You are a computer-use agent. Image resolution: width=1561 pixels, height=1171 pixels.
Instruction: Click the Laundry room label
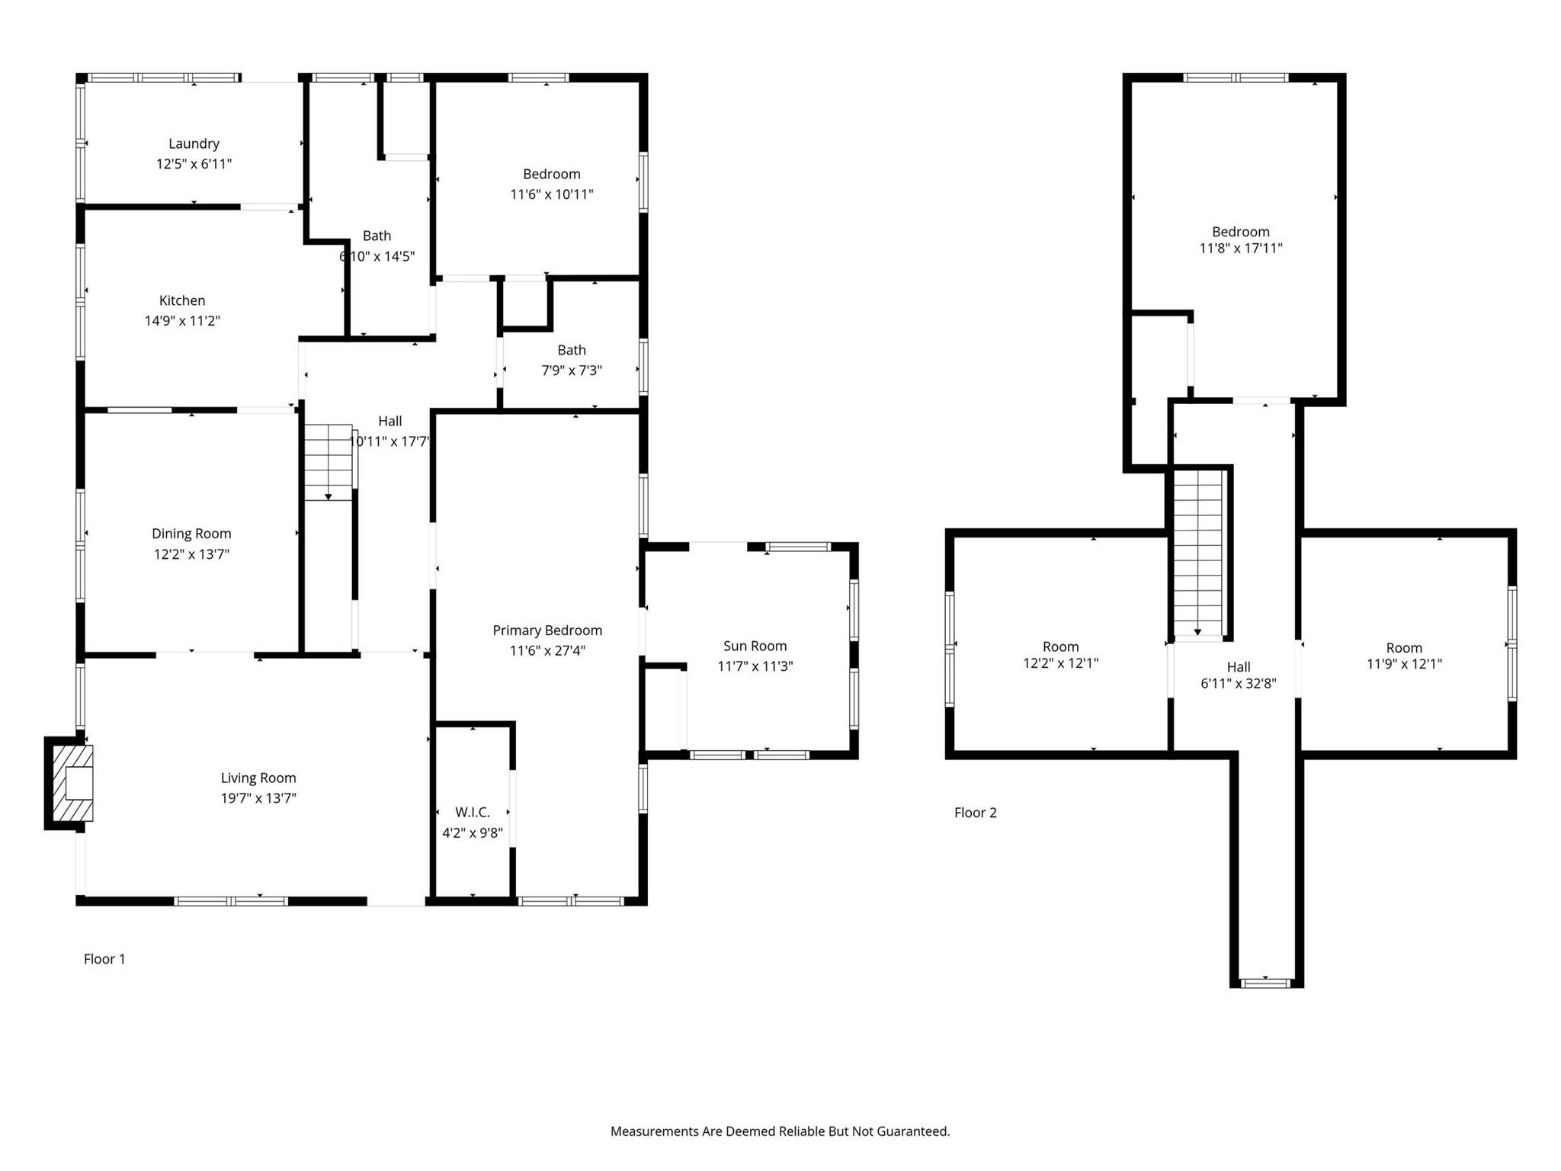point(194,143)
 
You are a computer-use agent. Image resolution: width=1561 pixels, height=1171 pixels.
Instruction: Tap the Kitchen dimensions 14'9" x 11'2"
point(182,321)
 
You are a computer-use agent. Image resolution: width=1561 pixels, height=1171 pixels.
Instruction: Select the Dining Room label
point(191,534)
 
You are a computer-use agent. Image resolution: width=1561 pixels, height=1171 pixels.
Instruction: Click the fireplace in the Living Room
point(70,783)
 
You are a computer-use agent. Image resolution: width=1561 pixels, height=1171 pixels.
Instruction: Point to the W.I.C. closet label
point(473,812)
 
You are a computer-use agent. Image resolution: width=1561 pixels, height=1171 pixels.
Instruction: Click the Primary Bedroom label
point(547,630)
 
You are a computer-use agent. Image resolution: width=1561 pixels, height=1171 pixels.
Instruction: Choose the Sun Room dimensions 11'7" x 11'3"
point(755,666)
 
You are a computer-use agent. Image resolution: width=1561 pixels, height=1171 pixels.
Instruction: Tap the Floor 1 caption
point(104,959)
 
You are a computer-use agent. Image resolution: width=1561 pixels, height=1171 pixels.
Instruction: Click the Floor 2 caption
point(976,813)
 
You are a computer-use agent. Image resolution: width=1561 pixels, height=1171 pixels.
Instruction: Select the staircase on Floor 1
point(329,462)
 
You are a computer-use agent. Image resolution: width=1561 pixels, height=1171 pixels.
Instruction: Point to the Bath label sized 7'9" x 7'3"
point(572,350)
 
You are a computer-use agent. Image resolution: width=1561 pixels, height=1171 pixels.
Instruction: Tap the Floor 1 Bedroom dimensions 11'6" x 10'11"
point(552,194)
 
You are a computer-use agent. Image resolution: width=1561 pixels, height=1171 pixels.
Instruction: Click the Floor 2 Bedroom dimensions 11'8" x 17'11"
point(1241,248)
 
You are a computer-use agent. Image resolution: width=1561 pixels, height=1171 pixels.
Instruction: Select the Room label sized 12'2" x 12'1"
point(1061,646)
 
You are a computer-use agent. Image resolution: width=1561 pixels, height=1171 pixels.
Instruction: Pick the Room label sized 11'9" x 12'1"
point(1404,647)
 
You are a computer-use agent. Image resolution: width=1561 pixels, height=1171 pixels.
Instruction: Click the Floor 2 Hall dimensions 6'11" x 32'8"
point(1239,684)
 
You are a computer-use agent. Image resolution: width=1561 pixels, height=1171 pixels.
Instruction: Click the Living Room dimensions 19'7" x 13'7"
point(258,798)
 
